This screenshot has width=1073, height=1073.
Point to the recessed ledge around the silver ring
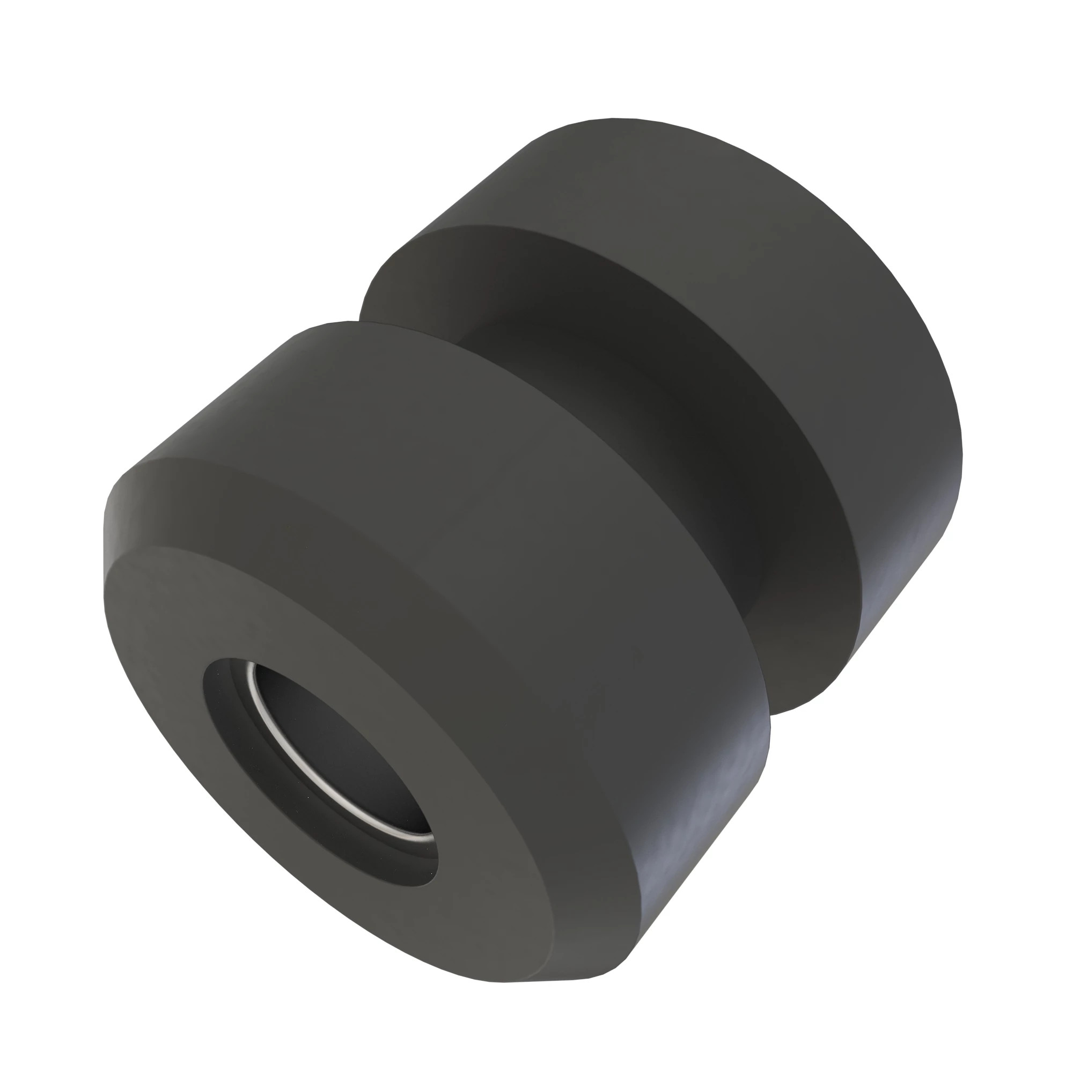pyautogui.click(x=233, y=733)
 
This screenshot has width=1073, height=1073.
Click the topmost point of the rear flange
pyautogui.click(x=611, y=118)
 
